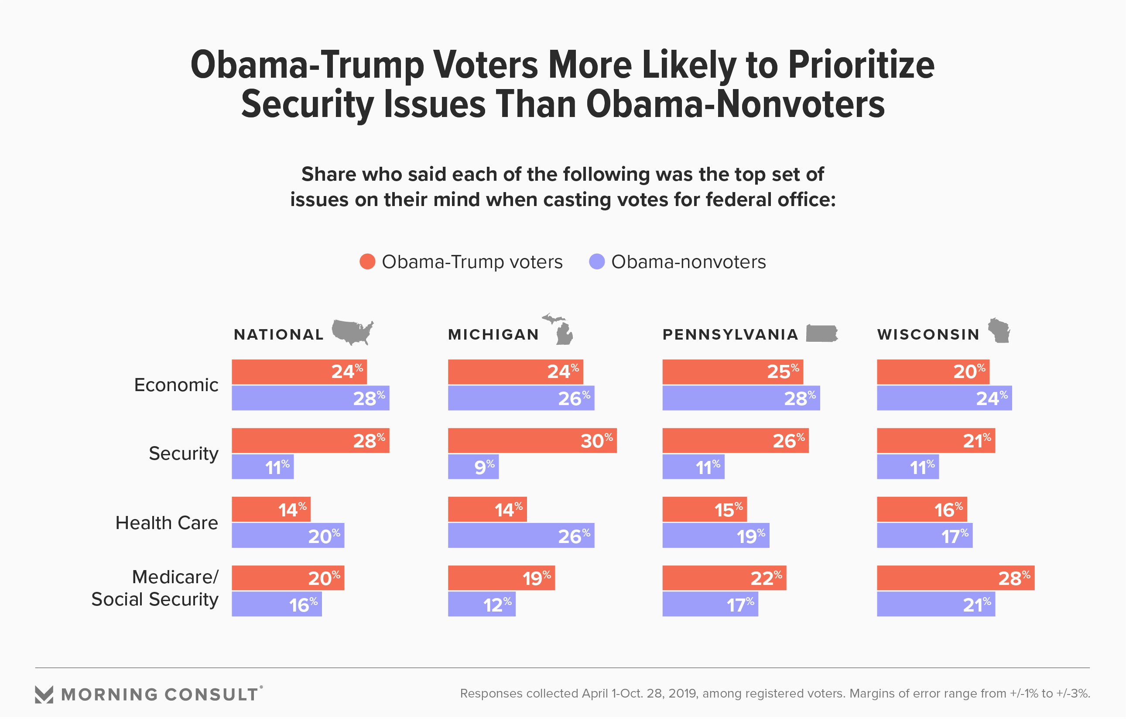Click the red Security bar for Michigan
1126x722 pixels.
[x=532, y=440]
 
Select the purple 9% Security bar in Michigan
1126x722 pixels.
[x=473, y=467]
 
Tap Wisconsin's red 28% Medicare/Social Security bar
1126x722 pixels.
[x=955, y=578]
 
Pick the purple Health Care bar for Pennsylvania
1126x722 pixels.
[x=715, y=536]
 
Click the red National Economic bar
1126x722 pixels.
[x=299, y=372]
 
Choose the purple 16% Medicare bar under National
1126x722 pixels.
[x=277, y=604]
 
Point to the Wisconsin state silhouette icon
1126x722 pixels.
[x=999, y=330]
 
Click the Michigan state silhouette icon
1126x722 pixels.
[x=561, y=329]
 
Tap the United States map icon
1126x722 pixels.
[x=353, y=332]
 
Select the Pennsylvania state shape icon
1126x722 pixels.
[x=821, y=333]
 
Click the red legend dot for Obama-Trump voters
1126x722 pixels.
[x=367, y=261]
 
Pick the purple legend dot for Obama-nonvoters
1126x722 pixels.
[x=596, y=261]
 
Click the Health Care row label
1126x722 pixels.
[x=167, y=523]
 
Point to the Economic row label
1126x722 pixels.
[x=176, y=385]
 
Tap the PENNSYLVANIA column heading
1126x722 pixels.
[x=730, y=335]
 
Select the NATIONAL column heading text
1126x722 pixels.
[x=279, y=335]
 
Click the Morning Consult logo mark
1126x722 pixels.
[x=44, y=694]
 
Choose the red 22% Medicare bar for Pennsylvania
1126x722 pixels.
[x=724, y=578]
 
